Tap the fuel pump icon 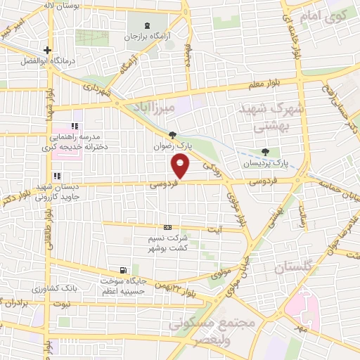(x=124, y=270)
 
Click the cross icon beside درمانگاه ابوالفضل (x=47, y=50)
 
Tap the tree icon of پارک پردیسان (x=265, y=152)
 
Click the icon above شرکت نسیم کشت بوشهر (x=167, y=228)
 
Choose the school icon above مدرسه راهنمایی (x=74, y=126)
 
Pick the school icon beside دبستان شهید (x=56, y=176)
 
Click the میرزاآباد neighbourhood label (x=156, y=107)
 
